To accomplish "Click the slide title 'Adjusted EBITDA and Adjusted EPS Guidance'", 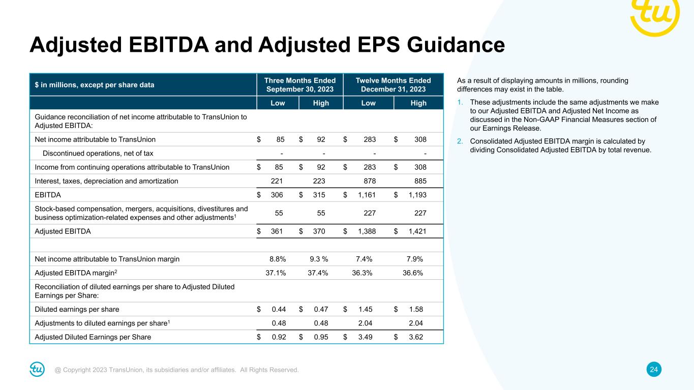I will pyautogui.click(x=267, y=45).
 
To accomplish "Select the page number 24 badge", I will pyautogui.click(x=654, y=370).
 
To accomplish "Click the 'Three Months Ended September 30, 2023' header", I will pyautogui.click(x=300, y=84).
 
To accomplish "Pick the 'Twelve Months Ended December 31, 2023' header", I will pyautogui.click(x=393, y=84).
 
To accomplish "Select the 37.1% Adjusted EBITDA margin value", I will pyautogui.click(x=276, y=273).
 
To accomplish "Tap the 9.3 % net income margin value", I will pyautogui.click(x=318, y=259).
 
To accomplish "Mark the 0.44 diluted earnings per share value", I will pyautogui.click(x=279, y=309).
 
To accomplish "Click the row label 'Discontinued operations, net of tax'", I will pyautogui.click(x=98, y=153).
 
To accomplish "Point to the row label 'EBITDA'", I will pyautogui.click(x=47, y=195).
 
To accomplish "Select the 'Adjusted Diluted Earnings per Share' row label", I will pyautogui.click(x=93, y=337).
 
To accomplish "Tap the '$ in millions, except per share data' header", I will pyautogui.click(x=95, y=85).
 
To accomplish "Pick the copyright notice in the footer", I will pyautogui.click(x=177, y=370).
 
